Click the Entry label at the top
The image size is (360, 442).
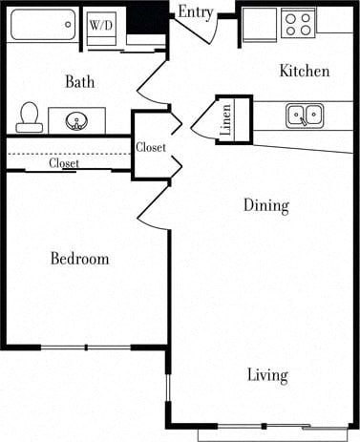coord(196,11)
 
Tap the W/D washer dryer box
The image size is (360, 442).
coord(100,25)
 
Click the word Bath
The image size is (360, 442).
coord(79,82)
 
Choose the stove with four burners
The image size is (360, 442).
coord(299,22)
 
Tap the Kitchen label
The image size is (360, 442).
coord(304,72)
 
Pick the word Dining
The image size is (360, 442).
coord(265,205)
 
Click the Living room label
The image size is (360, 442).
coord(267,375)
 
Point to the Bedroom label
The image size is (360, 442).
coord(79,259)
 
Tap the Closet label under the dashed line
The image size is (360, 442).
coord(65,163)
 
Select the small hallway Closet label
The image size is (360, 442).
coord(151,148)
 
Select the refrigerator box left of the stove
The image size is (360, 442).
coord(258,25)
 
